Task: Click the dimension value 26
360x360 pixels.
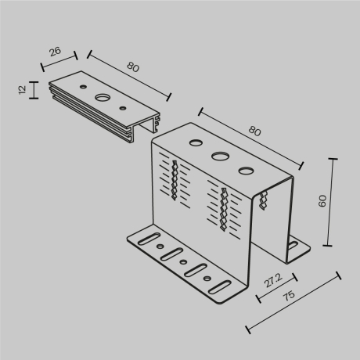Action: pos(53,52)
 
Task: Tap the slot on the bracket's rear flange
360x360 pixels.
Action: pos(293,246)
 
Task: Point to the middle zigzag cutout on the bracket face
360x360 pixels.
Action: pos(225,209)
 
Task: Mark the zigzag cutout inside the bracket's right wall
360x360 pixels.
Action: pos(262,203)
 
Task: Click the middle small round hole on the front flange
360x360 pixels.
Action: pos(182,262)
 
